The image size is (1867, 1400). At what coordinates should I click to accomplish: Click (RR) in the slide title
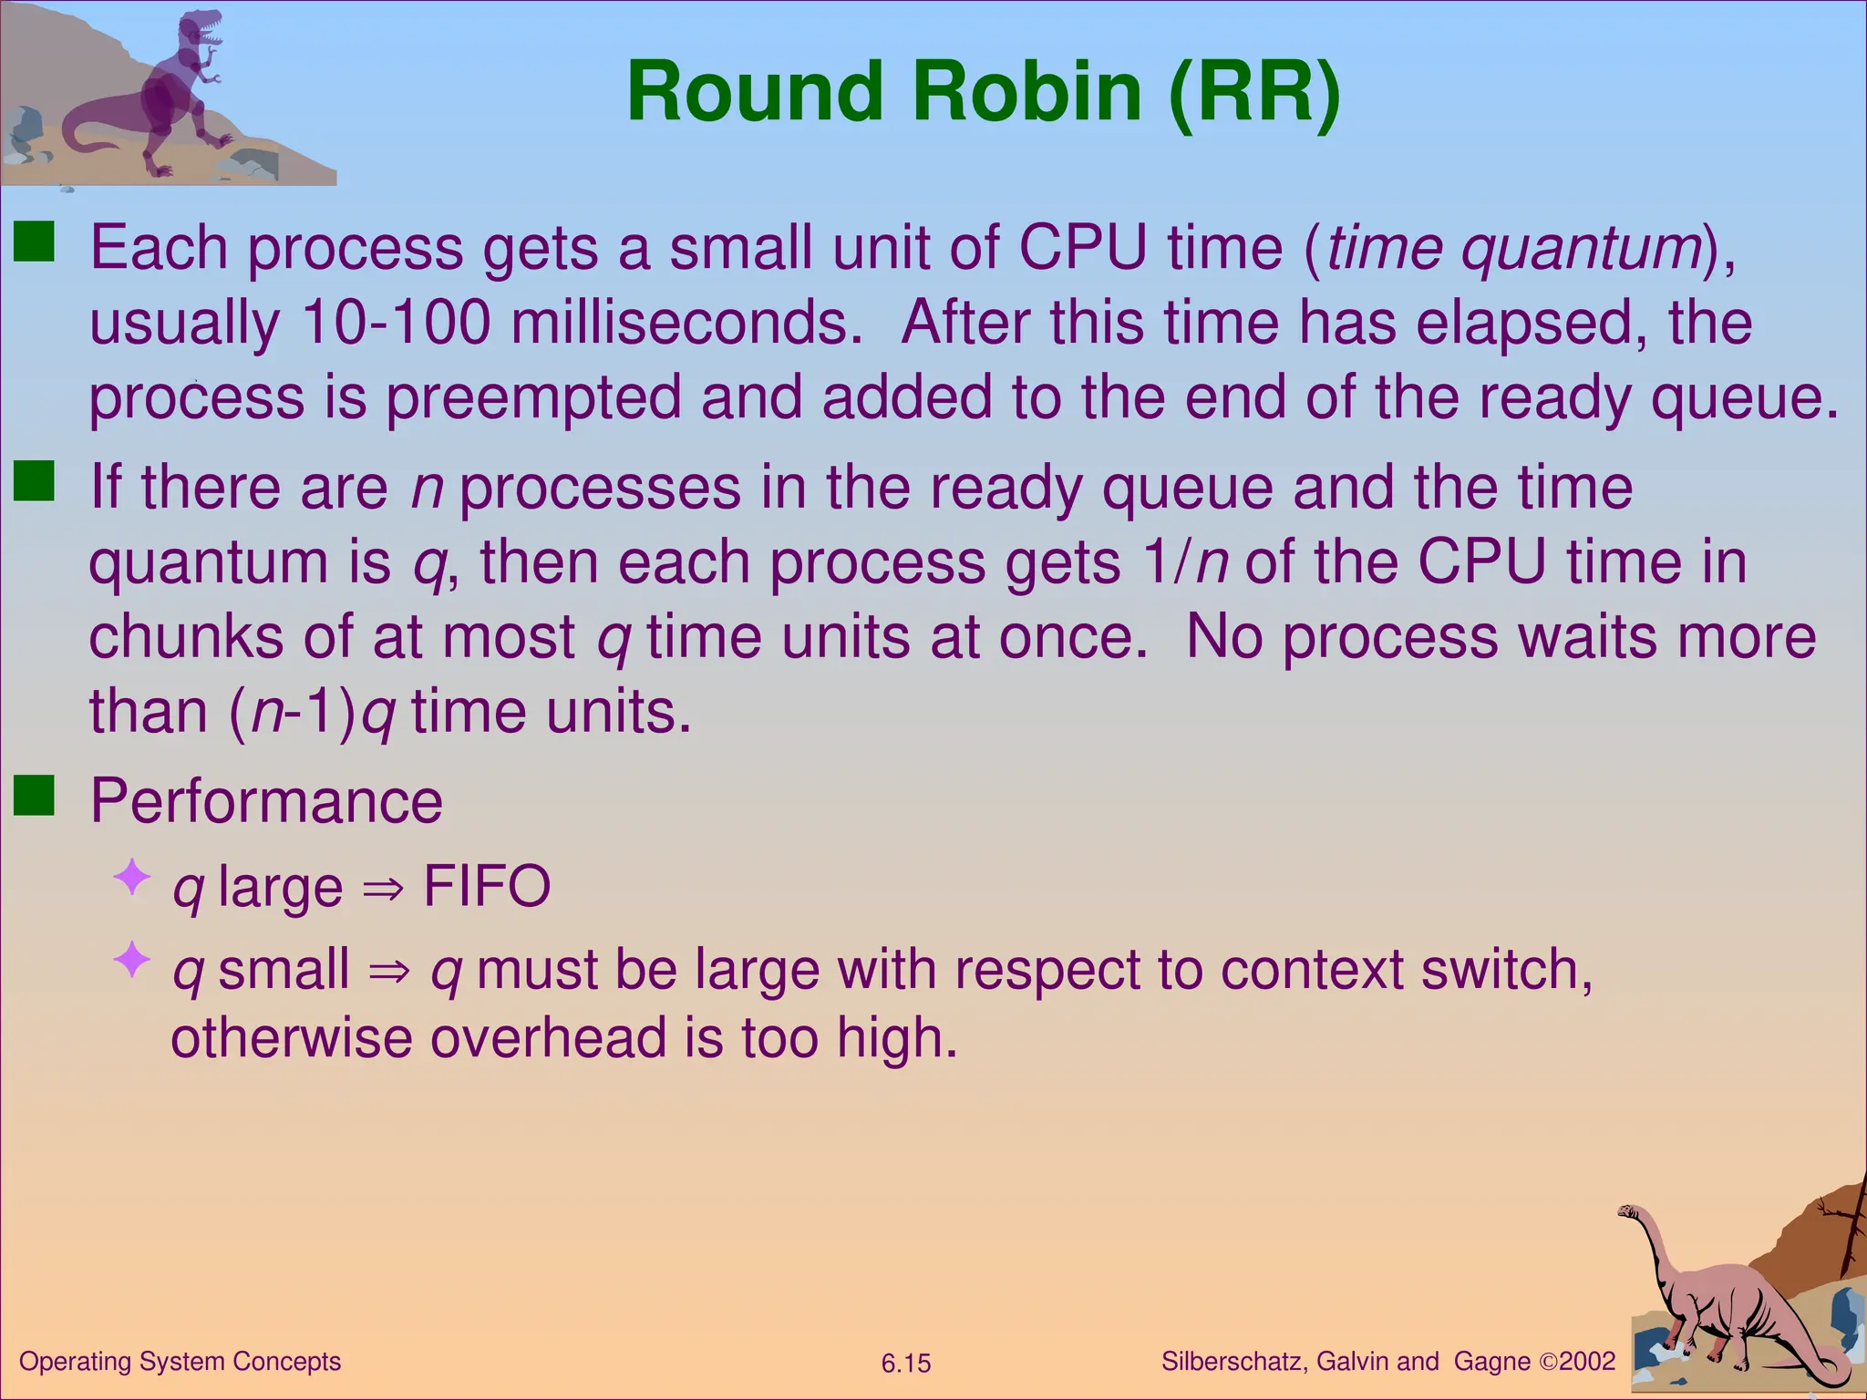coord(1254,91)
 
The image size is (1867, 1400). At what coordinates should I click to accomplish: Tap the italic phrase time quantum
coord(1513,248)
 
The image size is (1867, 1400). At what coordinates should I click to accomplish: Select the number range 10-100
coord(396,323)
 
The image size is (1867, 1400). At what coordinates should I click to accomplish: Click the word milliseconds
coord(686,323)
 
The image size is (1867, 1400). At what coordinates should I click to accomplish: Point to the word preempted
coord(533,398)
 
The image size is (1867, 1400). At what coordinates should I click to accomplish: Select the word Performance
coord(266,801)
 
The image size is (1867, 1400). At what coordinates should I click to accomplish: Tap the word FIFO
coord(487,886)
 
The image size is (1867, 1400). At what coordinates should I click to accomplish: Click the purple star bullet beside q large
coord(132,877)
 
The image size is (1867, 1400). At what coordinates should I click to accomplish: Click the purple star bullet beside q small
coord(132,959)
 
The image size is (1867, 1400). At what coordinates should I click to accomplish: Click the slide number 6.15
coord(905,1364)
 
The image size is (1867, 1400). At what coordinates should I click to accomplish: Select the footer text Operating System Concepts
coord(180,1362)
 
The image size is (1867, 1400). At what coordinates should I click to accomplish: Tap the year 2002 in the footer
coord(1587,1362)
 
